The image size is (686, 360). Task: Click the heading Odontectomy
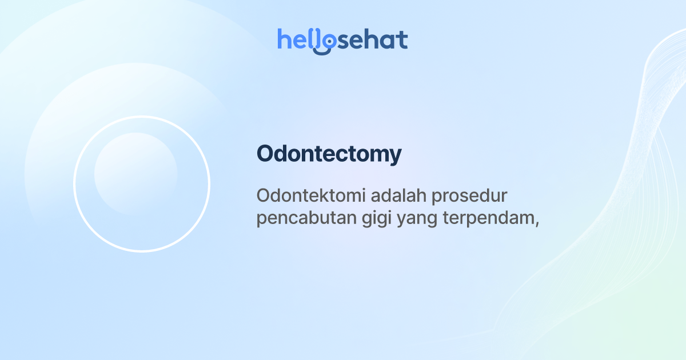pos(329,154)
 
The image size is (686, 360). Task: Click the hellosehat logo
pos(342,40)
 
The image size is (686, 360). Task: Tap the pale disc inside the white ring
pos(135,174)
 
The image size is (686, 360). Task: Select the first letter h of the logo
pos(284,39)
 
